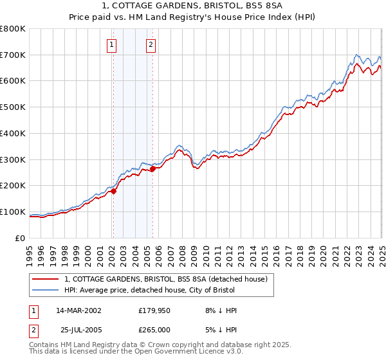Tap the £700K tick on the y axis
(13, 55)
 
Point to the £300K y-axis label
(13, 159)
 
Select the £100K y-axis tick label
(13, 212)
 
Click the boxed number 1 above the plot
(113, 45)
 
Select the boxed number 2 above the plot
(151, 45)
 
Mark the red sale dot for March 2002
(113, 191)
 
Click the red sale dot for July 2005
(152, 169)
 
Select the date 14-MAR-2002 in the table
(78, 310)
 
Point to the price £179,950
(153, 310)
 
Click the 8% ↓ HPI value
(220, 310)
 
